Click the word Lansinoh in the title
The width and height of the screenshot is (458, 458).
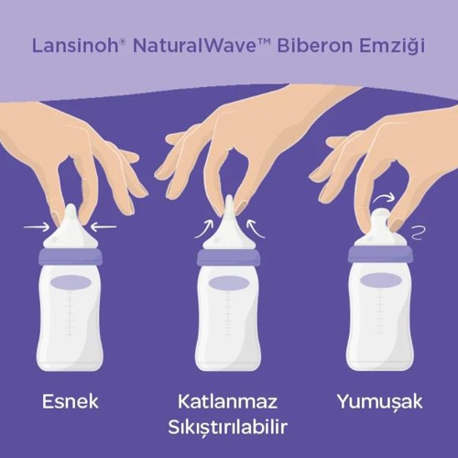click(75, 46)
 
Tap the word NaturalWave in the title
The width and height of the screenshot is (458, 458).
click(193, 46)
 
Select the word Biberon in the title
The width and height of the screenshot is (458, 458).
click(315, 46)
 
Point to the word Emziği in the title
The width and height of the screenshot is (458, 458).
click(392, 47)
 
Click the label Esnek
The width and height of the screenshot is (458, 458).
click(71, 401)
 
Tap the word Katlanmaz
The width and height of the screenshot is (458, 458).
click(227, 401)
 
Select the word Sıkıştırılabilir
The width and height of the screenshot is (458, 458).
click(228, 428)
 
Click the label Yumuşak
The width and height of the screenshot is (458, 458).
click(380, 402)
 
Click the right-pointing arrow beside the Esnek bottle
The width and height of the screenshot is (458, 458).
click(37, 227)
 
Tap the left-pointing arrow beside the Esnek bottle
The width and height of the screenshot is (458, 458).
click(104, 227)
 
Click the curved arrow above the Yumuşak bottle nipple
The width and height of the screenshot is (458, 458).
click(384, 197)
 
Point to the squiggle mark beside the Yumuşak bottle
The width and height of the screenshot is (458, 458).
click(418, 233)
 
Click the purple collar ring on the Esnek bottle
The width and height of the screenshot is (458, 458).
click(71, 256)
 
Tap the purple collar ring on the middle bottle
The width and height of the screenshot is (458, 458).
click(228, 258)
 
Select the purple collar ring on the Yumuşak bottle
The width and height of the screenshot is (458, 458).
click(380, 254)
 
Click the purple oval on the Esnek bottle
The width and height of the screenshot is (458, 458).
click(71, 282)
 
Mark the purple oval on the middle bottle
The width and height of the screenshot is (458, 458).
click(228, 282)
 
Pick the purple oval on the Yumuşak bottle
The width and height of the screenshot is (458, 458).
click(380, 279)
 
